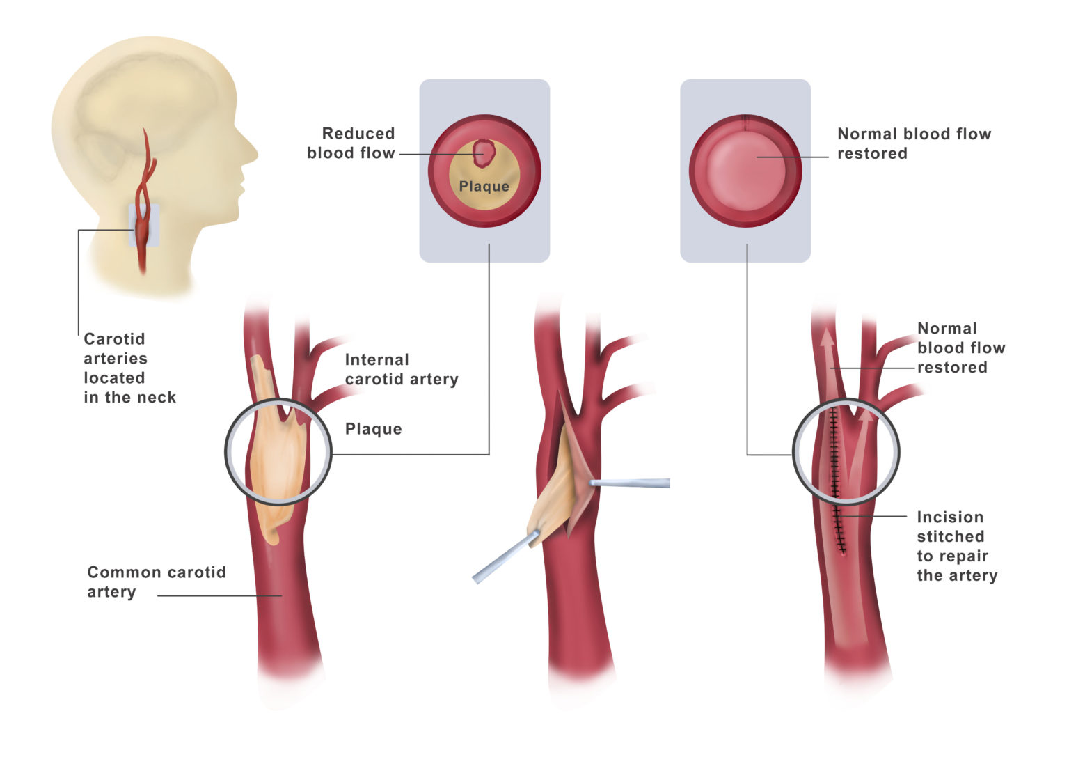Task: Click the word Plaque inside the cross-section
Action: tap(484, 187)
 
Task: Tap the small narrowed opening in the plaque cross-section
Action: tap(483, 153)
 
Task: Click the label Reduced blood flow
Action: tap(351, 143)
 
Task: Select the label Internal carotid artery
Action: tap(401, 370)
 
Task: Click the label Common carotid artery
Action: tap(156, 582)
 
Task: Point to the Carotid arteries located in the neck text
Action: tap(129, 368)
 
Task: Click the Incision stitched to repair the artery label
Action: tap(956, 547)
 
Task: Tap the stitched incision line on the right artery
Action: tap(836, 481)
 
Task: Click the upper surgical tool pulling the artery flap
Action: tap(630, 483)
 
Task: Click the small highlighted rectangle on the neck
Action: tap(143, 225)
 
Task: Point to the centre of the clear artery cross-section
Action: tap(745, 171)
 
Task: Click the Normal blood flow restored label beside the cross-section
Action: tap(913, 143)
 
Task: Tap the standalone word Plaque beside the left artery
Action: tap(373, 429)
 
